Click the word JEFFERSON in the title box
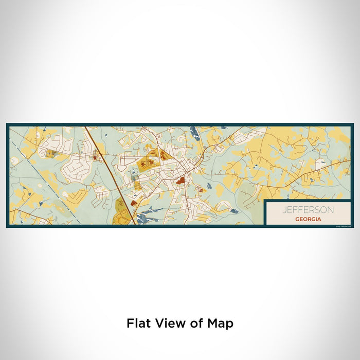[x=308, y=210]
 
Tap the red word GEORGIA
[x=309, y=219]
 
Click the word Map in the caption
[x=222, y=323]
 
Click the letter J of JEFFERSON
[x=283, y=210]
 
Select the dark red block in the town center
[x=181, y=181]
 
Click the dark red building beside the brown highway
[x=134, y=203]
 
